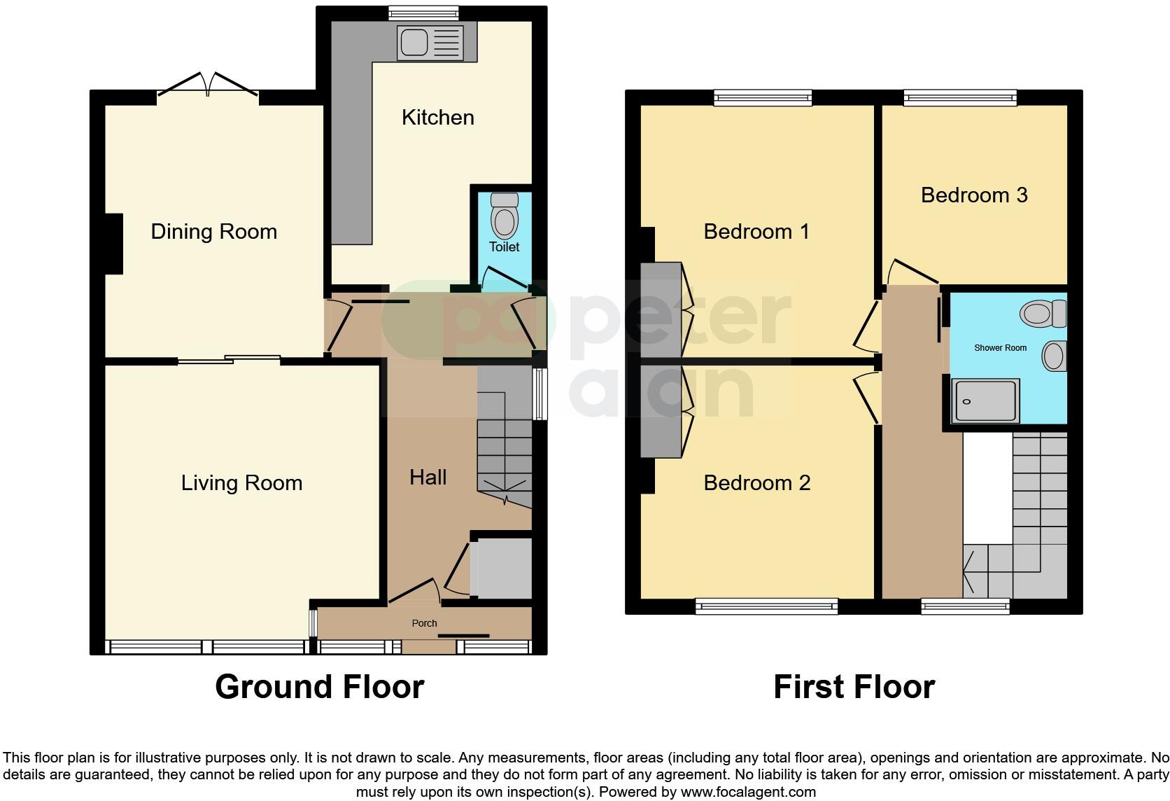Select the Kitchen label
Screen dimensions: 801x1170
coord(437,117)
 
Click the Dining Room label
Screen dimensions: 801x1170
coord(213,232)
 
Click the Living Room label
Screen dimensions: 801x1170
coord(241,483)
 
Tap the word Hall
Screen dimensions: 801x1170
coord(428,478)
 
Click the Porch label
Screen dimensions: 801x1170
coord(424,623)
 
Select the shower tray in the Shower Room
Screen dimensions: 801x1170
coord(986,401)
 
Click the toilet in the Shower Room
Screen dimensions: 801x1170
coord(1043,313)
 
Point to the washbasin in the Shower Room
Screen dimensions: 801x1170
coord(1054,356)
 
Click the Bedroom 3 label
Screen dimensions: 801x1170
coord(973,195)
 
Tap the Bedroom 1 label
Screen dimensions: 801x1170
coord(756,232)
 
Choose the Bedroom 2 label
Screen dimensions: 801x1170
coord(756,483)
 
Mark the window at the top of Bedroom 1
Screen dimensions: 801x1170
coord(763,98)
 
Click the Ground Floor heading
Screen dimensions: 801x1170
coord(319,687)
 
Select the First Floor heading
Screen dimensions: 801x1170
coord(854,687)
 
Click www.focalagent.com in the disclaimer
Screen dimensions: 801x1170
coord(748,793)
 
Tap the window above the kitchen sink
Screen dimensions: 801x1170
coord(423,13)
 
